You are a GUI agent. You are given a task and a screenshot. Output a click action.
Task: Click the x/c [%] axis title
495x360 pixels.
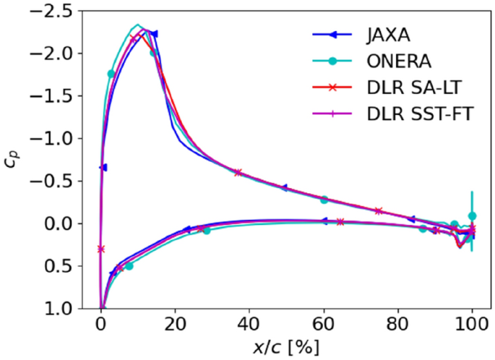pyautogui.click(x=286, y=347)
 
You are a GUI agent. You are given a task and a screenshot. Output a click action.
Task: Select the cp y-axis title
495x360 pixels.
pyautogui.click(x=13, y=160)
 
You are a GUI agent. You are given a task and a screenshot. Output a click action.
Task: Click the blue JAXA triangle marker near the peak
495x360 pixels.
pyautogui.click(x=153, y=34)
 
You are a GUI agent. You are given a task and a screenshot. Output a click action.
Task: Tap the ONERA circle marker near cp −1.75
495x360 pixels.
pyautogui.click(x=111, y=74)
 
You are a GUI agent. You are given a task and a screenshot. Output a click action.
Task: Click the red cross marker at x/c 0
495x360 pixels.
pyautogui.click(x=100, y=249)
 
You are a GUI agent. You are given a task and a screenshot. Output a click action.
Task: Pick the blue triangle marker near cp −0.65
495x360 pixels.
pyautogui.click(x=103, y=168)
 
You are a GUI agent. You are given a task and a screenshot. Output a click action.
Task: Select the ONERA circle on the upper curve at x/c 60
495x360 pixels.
pyautogui.click(x=324, y=200)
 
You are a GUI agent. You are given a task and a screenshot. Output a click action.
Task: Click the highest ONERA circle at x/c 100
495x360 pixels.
pyautogui.click(x=472, y=215)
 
